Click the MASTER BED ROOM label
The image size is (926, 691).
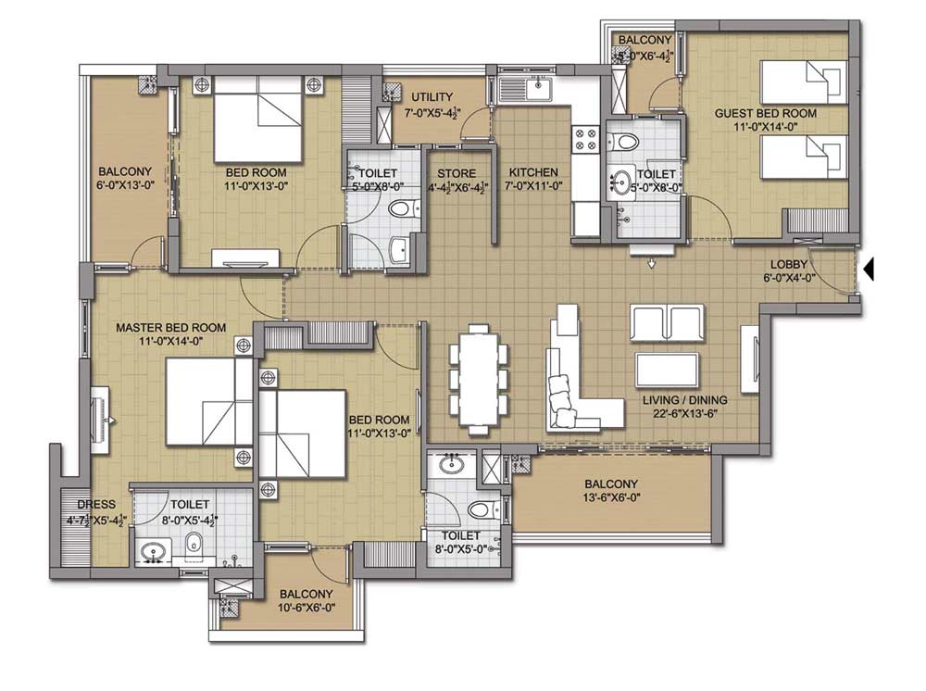click(170, 327)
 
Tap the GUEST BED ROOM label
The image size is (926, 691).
click(766, 113)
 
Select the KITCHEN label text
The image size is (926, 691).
click(533, 172)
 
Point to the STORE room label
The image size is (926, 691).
click(457, 173)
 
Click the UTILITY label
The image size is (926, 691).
click(432, 97)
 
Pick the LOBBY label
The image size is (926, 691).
click(788, 265)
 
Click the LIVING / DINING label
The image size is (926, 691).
click(685, 400)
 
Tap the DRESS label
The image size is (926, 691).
click(96, 505)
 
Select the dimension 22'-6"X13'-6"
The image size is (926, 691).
click(685, 413)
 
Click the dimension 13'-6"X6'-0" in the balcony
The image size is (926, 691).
click(611, 497)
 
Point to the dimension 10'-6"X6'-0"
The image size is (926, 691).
click(306, 607)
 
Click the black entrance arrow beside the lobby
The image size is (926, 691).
click(869, 270)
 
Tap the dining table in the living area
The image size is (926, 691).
click(479, 380)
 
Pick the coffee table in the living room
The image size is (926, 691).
click(667, 370)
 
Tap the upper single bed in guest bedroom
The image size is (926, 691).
click(803, 82)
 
